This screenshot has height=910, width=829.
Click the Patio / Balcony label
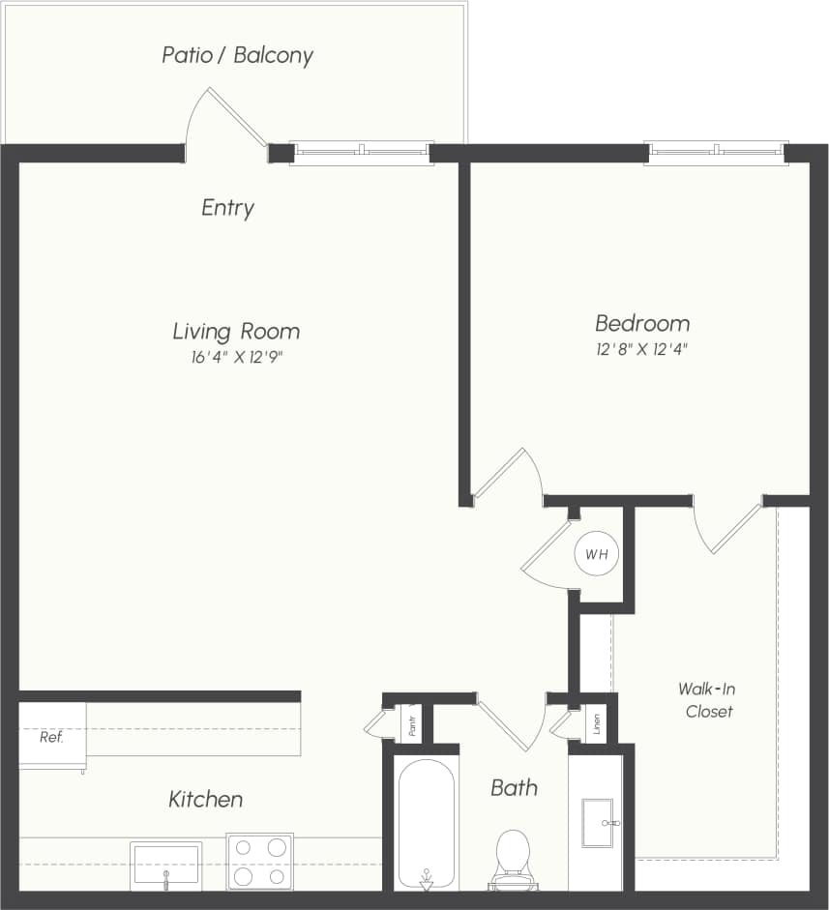(x=237, y=55)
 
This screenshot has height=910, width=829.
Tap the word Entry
(x=227, y=208)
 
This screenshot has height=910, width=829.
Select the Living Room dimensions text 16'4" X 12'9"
(x=236, y=357)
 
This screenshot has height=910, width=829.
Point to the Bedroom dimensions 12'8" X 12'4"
(x=641, y=349)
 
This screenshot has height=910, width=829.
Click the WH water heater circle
(x=596, y=555)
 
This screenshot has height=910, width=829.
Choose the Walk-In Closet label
(x=707, y=701)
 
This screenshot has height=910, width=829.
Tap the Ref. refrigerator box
(x=52, y=737)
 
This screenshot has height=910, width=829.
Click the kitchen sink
(x=166, y=865)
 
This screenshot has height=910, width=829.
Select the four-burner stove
(x=259, y=862)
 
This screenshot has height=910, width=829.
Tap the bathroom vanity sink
(x=598, y=823)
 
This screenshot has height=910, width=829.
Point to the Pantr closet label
(x=412, y=726)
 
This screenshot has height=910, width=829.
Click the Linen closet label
(x=596, y=725)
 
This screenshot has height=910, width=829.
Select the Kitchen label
(x=205, y=800)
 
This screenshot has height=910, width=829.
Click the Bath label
(x=514, y=788)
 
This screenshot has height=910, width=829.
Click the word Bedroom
(x=642, y=323)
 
